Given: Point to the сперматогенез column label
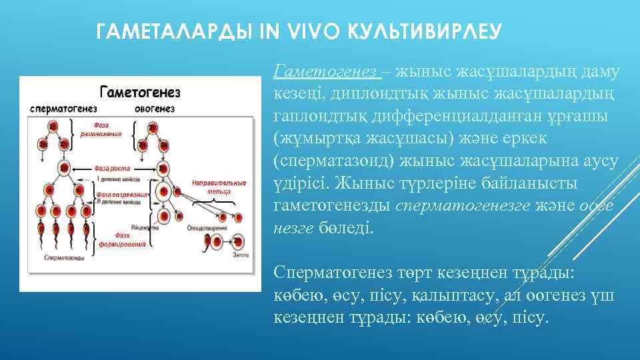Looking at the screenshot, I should point(63,108).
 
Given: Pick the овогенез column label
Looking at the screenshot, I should point(155,108).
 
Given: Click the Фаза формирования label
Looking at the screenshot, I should point(129,240).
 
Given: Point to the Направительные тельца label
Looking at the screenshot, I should point(209,186).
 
